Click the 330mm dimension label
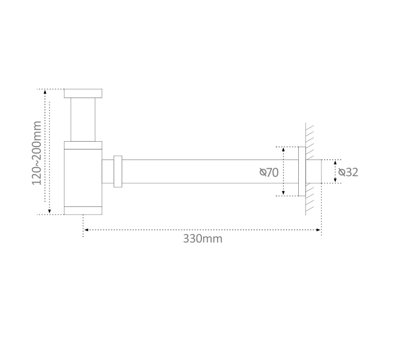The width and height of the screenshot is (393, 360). [x=202, y=239]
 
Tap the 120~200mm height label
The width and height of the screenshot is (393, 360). [x=37, y=153]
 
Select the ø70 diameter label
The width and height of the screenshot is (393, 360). [x=269, y=172]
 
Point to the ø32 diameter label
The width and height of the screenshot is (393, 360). [x=348, y=172]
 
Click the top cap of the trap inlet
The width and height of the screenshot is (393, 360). [x=83, y=93]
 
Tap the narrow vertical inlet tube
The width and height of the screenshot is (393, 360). [x=83, y=120]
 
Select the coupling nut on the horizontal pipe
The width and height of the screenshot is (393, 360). [x=118, y=171]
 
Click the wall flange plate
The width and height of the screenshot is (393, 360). [x=302, y=171]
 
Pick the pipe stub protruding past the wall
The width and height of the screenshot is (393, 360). [x=313, y=171]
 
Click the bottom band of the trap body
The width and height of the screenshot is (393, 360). [x=83, y=211]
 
